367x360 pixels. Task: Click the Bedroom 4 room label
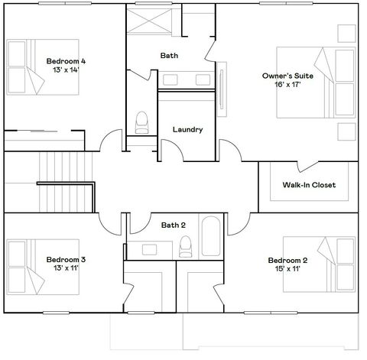(66, 60)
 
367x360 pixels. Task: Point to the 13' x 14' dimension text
(66, 70)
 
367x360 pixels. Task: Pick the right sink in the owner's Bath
(203, 79)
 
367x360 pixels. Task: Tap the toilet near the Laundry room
(141, 122)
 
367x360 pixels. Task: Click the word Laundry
(187, 130)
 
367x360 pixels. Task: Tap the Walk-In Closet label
(309, 185)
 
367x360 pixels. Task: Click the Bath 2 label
(173, 225)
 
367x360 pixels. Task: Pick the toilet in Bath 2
(185, 245)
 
